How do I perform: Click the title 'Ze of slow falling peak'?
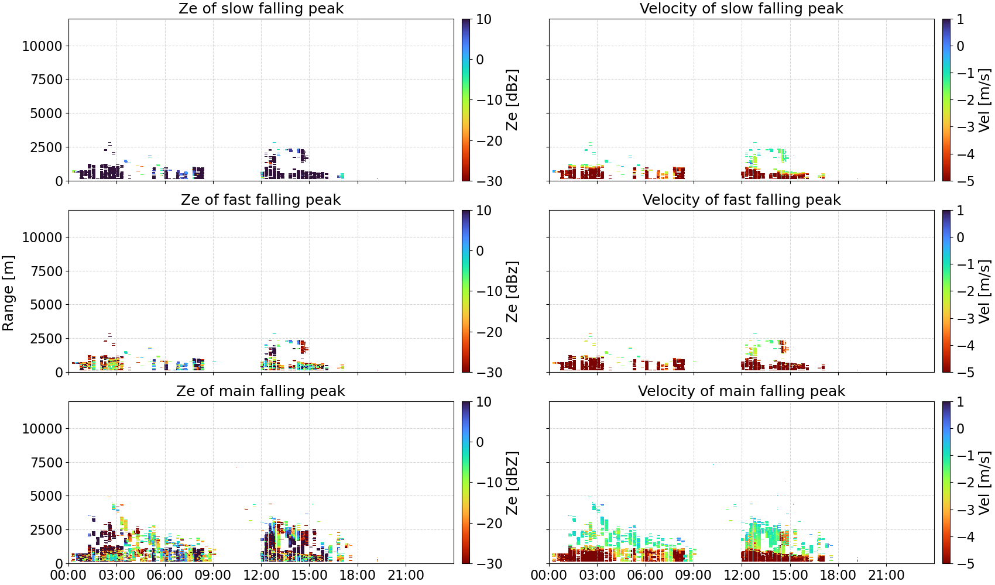[260, 8]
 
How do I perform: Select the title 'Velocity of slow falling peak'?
[742, 8]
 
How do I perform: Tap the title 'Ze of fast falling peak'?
[260, 199]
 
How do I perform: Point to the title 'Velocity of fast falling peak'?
[742, 199]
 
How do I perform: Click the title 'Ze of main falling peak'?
[260, 391]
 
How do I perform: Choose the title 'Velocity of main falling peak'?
[742, 391]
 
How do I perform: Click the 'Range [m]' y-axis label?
[8, 293]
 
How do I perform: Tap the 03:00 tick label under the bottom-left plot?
[117, 575]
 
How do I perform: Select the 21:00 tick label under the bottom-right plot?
[886, 575]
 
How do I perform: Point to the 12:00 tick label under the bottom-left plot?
[261, 575]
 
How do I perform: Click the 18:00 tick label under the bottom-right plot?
[838, 575]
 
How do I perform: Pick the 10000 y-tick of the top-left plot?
[42, 46]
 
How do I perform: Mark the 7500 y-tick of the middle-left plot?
[46, 271]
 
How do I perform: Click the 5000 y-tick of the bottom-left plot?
[46, 495]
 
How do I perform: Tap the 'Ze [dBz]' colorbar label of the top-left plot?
[512, 100]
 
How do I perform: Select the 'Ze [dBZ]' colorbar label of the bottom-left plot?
[512, 483]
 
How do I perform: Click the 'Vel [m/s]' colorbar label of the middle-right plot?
[985, 291]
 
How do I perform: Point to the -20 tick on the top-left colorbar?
[489, 141]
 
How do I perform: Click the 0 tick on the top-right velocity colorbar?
[960, 46]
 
